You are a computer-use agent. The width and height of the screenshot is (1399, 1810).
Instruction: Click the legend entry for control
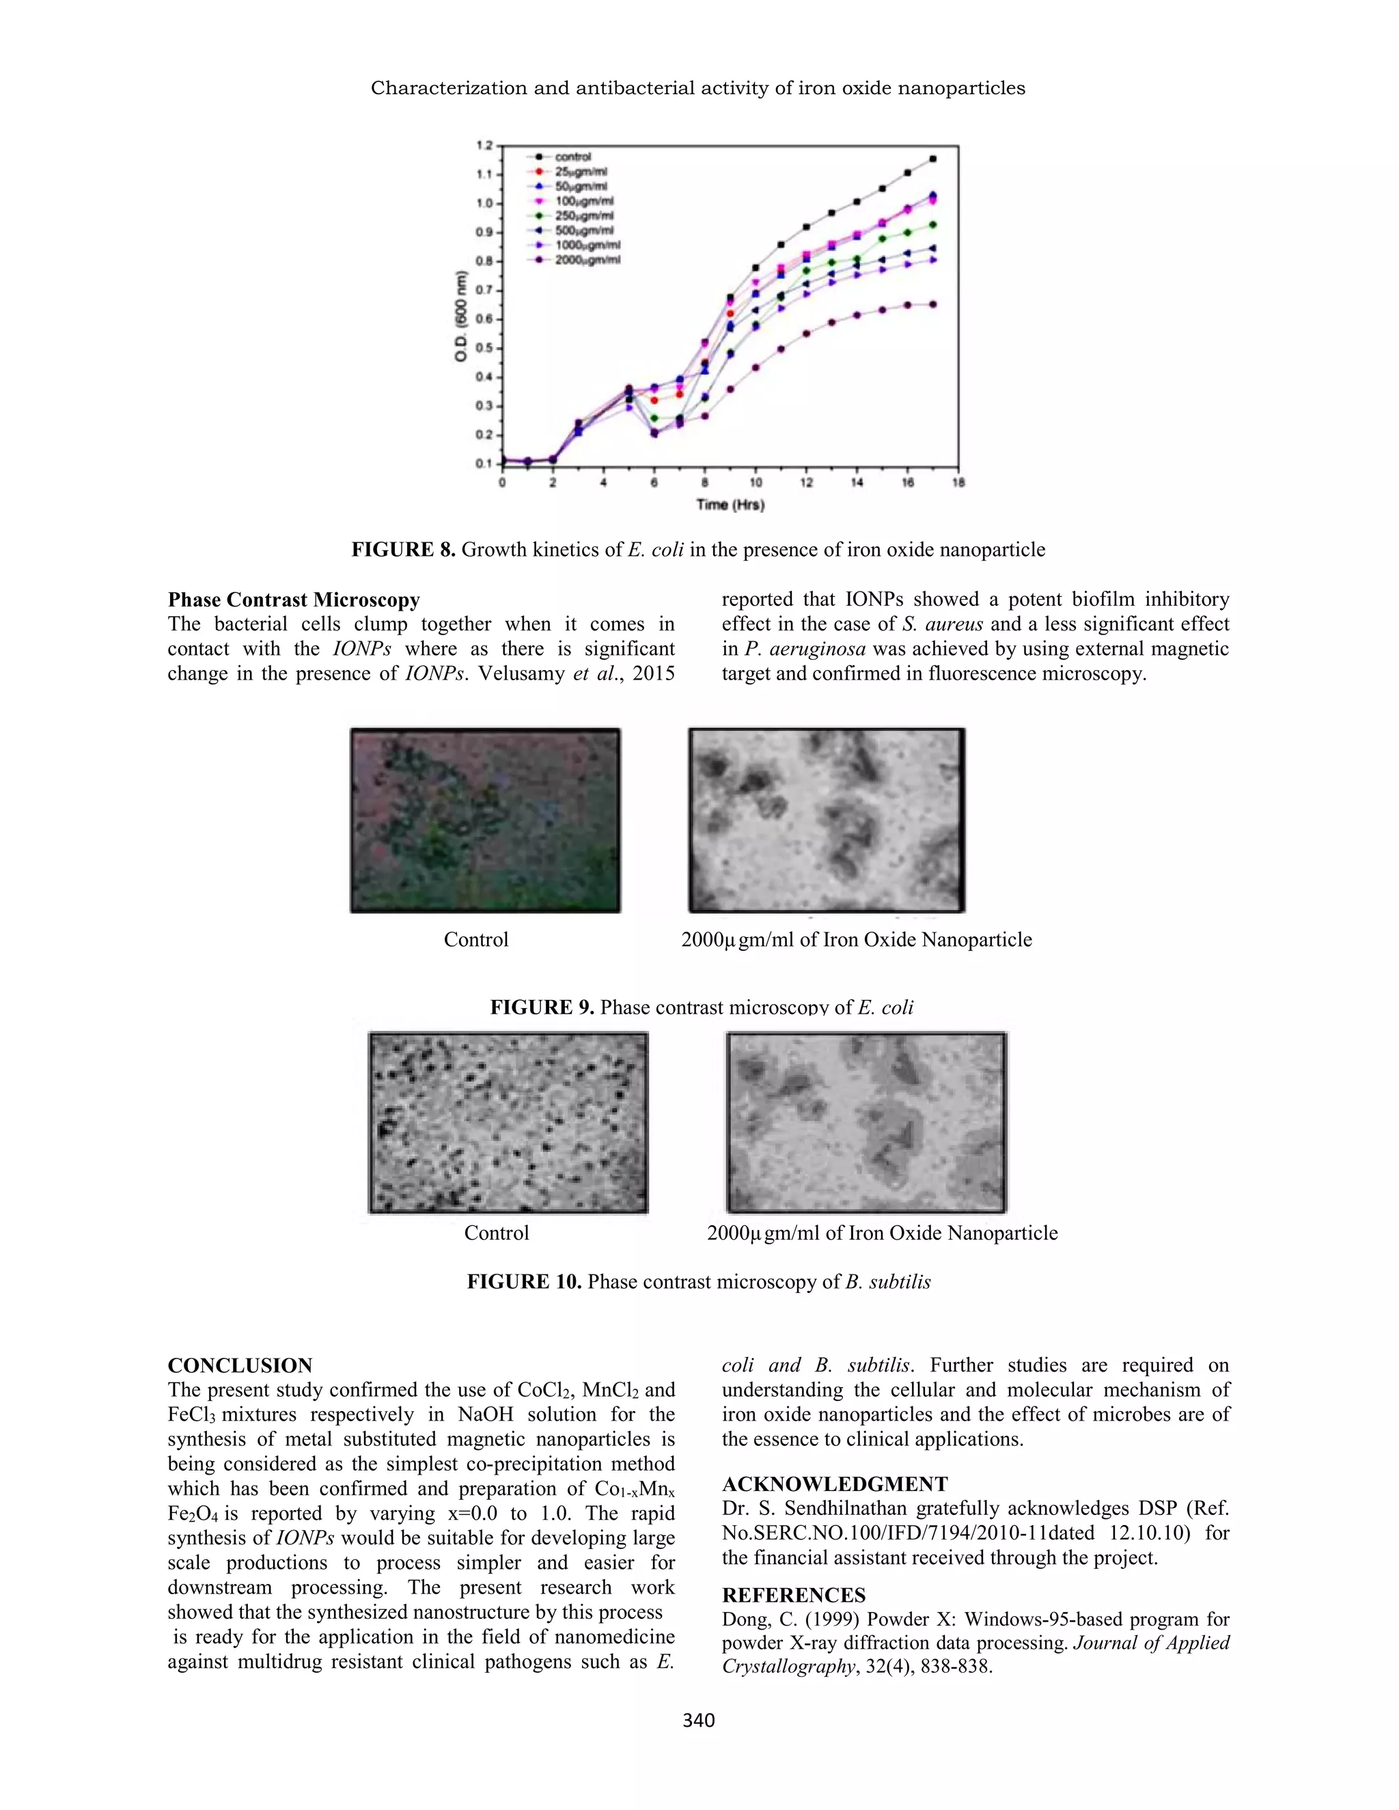(572, 156)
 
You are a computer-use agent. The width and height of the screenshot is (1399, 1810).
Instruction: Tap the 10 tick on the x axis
(756, 483)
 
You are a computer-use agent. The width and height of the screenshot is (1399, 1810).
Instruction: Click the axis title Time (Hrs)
(730, 505)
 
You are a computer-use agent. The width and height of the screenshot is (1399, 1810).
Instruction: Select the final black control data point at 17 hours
(933, 158)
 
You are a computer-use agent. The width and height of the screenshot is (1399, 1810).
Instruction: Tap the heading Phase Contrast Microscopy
(293, 600)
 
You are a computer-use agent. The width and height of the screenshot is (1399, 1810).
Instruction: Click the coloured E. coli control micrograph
(485, 820)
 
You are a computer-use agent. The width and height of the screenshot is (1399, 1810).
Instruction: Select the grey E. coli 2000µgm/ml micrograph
(827, 820)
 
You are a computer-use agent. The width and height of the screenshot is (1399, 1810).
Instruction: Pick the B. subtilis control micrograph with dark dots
(508, 1122)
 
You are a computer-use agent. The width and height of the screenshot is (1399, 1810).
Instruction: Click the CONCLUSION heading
(240, 1366)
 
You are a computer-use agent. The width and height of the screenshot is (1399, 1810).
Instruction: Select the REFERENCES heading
(793, 1596)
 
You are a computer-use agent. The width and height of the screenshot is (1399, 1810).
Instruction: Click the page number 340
(698, 1721)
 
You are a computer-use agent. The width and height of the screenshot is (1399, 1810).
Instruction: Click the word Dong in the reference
(743, 1619)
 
